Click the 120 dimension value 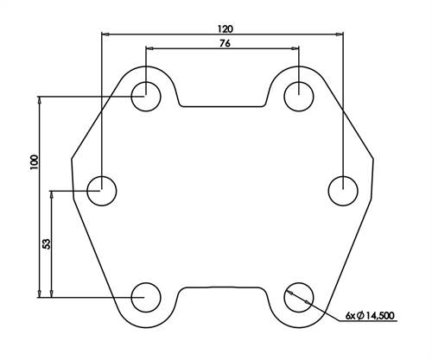pos(225,28)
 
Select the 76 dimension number pos(225,43)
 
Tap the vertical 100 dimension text pos(34,163)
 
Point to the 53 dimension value pos(46,243)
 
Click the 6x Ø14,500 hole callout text pos(370,316)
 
